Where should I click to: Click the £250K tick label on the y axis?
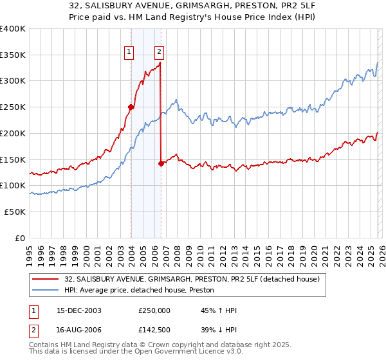(13, 107)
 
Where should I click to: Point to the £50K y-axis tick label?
(15, 212)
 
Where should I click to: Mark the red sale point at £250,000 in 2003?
(131, 107)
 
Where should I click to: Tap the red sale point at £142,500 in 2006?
(161, 163)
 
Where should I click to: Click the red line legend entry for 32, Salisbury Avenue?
(187, 278)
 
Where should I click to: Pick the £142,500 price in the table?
(154, 331)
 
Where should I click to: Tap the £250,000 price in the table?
(154, 310)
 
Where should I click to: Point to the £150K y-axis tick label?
(13, 159)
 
